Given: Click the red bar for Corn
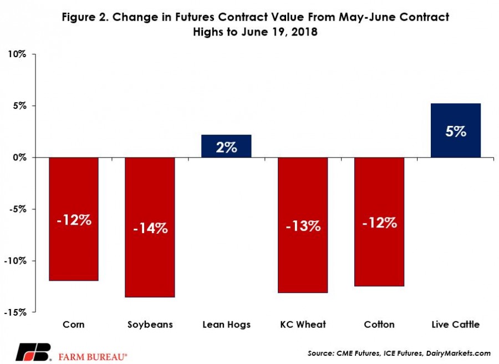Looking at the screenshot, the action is coord(74,219).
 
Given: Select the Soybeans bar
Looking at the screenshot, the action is coord(150,228).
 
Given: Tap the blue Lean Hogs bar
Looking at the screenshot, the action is coord(226,146).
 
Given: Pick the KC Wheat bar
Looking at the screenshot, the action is coord(303,225).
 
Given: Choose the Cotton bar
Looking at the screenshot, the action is coord(379,222).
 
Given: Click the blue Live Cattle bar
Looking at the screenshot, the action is coord(456,130).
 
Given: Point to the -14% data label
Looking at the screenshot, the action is coord(150,228).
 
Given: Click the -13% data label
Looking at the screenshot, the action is coord(303,226).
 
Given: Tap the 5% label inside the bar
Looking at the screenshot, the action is coord(456,131).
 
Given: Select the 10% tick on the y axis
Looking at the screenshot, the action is coord(17,54).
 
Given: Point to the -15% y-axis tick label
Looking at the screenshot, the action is coord(16,312).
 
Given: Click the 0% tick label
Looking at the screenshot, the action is coord(20,158).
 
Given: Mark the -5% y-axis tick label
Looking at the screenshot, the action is coord(18,209).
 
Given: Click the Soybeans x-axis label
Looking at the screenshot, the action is coord(150,325).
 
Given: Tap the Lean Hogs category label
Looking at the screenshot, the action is coord(227,325).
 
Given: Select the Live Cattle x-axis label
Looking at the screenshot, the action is coord(456,325).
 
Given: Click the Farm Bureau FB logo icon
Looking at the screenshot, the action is coord(34,352).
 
